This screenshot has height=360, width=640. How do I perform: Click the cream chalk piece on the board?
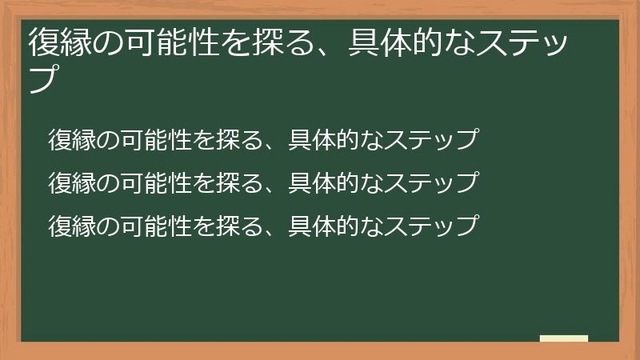coord(564,338)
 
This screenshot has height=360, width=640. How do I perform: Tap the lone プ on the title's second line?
coord(46,80)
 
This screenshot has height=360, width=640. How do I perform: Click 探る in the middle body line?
coord(238,182)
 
